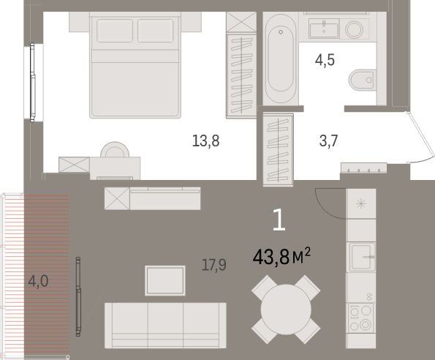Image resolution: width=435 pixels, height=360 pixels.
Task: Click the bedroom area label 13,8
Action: (x=206, y=140)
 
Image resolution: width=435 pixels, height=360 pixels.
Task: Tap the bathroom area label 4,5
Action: (x=325, y=60)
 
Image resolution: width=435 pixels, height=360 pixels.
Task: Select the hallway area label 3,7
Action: (x=328, y=140)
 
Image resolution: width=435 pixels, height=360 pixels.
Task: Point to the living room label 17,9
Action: (x=214, y=265)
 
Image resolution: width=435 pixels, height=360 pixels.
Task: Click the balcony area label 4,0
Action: (x=38, y=281)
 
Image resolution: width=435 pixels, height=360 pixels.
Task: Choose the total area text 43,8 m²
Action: (x=281, y=257)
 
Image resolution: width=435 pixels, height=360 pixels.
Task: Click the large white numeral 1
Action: (x=279, y=220)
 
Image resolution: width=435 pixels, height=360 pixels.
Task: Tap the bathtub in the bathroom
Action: (x=281, y=59)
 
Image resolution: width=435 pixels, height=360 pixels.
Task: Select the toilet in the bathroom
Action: (x=362, y=80)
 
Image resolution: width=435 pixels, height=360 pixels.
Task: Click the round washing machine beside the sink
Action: (x=354, y=30)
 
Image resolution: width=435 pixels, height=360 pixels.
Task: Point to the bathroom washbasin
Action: (x=324, y=29)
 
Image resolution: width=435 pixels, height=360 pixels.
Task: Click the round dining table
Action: (x=286, y=310)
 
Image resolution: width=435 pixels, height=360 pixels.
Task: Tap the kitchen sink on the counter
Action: (x=361, y=257)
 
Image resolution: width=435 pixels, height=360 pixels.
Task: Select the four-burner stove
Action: (x=360, y=318)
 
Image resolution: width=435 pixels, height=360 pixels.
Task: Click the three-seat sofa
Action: (x=165, y=326)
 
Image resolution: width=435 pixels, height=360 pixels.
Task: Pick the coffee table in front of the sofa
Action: (x=165, y=280)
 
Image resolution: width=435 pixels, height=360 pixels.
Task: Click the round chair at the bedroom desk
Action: (x=115, y=150)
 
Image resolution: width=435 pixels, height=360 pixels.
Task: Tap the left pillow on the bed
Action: (x=115, y=31)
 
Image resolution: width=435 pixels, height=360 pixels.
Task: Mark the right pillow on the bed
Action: (x=155, y=31)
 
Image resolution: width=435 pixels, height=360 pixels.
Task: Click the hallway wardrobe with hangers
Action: (x=279, y=149)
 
